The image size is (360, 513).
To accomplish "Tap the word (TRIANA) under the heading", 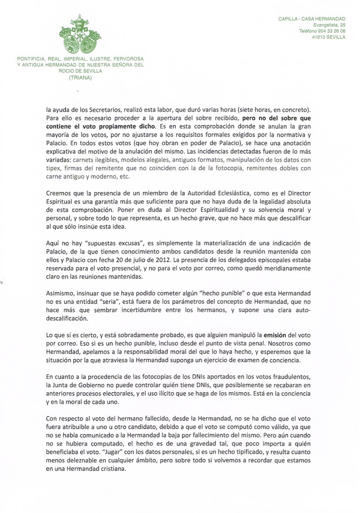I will point(80,77).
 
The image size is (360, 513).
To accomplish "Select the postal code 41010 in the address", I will point(319,37).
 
